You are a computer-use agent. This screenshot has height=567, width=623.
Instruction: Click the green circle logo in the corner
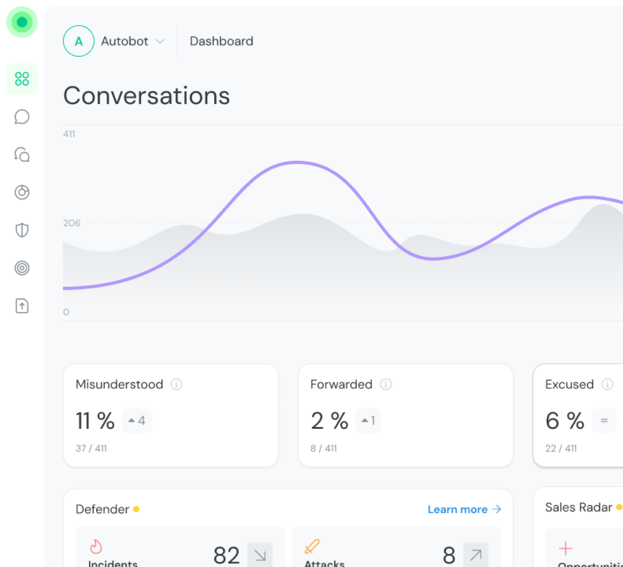(x=22, y=22)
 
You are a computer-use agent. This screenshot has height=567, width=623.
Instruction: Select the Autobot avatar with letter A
(x=79, y=41)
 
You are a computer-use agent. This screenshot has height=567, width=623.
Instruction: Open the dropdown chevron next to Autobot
(x=160, y=41)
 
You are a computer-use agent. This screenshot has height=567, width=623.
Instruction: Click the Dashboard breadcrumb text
(x=221, y=41)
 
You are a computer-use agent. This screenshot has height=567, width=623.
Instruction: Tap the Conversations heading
(x=147, y=96)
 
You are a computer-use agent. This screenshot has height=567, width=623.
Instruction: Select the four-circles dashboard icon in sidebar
(x=22, y=79)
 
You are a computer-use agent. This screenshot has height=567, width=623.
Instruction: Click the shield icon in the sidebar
(x=22, y=230)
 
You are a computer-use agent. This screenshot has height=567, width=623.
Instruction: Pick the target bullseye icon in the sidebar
(x=22, y=268)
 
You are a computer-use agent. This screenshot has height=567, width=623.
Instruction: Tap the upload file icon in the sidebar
(x=22, y=306)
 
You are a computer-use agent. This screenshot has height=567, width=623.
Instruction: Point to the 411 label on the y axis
(x=69, y=134)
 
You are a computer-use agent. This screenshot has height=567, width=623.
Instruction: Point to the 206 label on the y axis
(x=72, y=223)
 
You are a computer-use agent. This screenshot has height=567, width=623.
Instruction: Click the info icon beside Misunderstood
(x=177, y=384)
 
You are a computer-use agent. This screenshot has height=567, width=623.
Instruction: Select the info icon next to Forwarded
(x=385, y=384)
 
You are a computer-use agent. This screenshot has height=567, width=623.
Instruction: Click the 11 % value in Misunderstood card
(x=95, y=421)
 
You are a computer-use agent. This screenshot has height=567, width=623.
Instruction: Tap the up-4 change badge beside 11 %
(x=137, y=421)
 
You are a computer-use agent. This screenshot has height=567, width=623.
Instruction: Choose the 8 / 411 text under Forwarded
(x=324, y=448)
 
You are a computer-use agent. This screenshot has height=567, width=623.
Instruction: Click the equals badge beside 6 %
(x=604, y=421)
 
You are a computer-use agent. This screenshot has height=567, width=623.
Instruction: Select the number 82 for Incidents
(x=226, y=555)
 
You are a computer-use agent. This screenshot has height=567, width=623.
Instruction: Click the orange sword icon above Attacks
(x=312, y=546)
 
